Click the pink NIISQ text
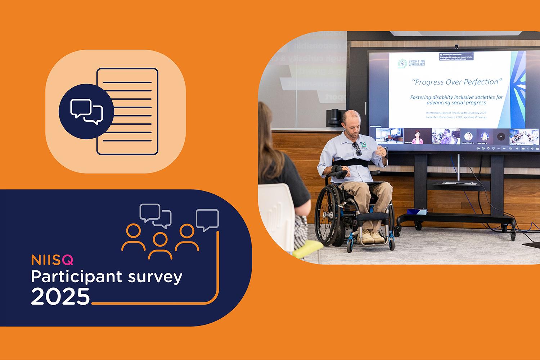[x=52, y=260]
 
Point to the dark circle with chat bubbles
[x=86, y=112]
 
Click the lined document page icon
[x=128, y=112]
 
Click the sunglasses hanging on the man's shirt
[x=357, y=148]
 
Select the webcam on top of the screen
[x=456, y=46]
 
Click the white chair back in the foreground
[x=275, y=212]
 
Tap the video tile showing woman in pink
[x=418, y=136]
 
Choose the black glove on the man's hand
[x=340, y=174]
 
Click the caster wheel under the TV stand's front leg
[x=513, y=236]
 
